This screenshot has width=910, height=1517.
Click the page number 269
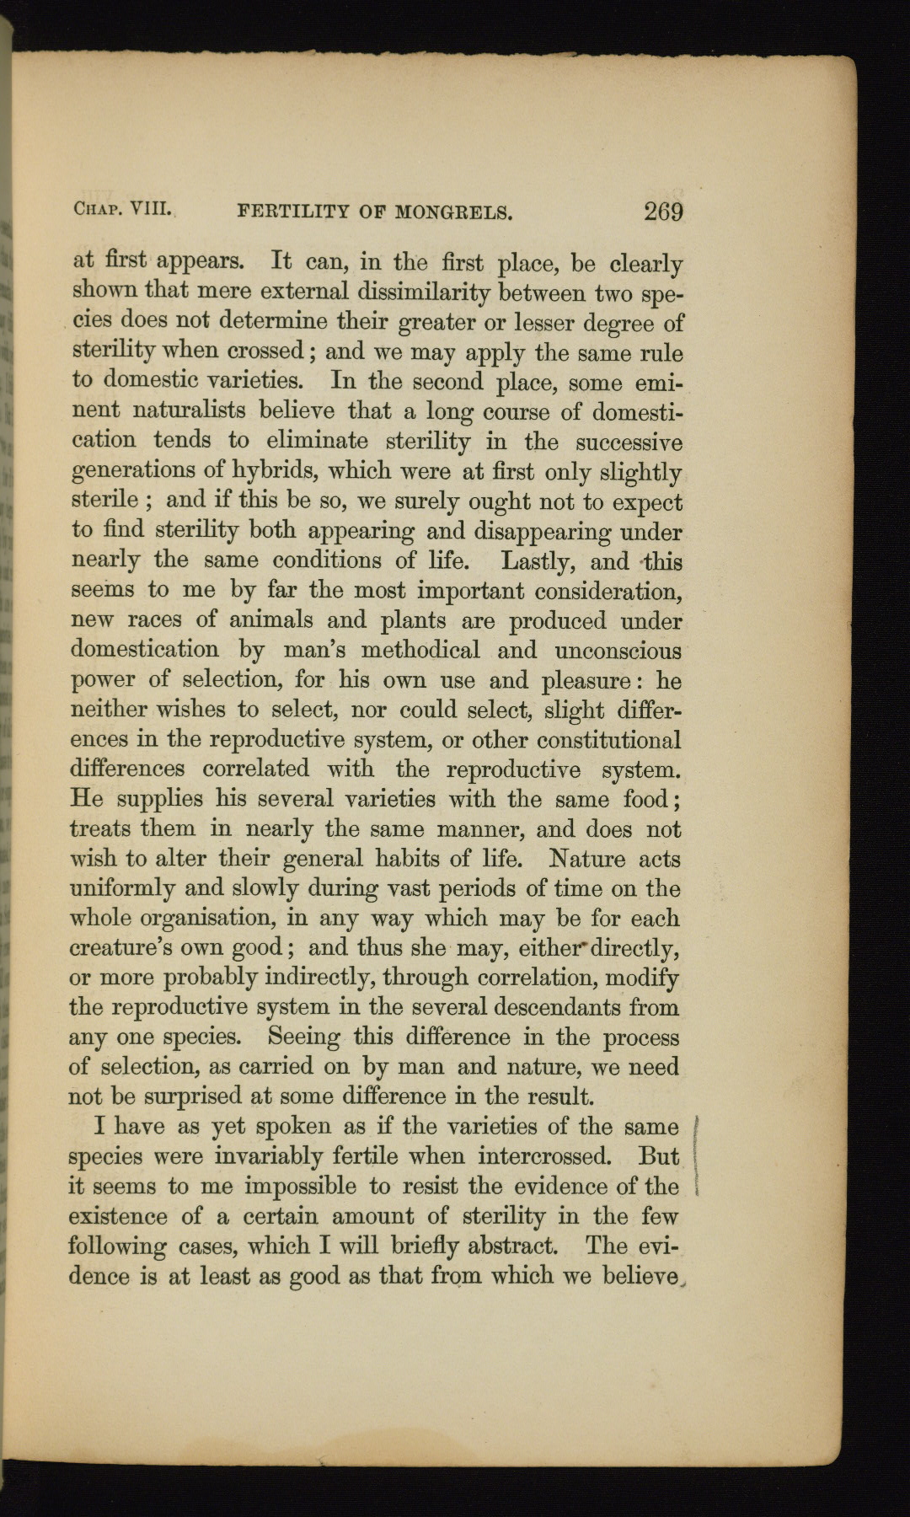click(663, 212)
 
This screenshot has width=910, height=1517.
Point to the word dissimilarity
click(426, 292)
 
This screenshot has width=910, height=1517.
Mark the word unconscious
click(618, 651)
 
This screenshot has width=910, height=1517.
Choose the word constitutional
click(609, 741)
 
